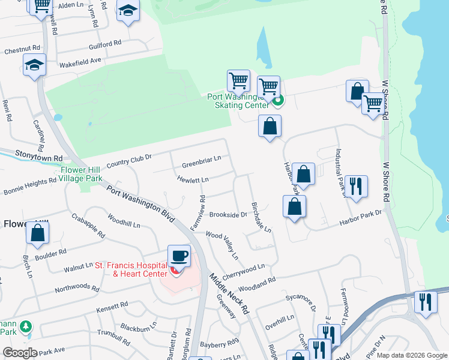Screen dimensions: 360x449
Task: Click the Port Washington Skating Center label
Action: click(x=238, y=101)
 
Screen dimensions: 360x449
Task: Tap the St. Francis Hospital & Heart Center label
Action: click(x=139, y=270)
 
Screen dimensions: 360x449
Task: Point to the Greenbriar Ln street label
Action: click(x=202, y=158)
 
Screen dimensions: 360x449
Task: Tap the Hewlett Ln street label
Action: click(x=193, y=179)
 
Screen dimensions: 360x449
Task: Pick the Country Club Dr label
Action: click(x=129, y=160)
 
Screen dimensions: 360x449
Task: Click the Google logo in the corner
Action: click(x=20, y=353)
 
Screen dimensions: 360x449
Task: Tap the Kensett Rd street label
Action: click(x=112, y=307)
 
